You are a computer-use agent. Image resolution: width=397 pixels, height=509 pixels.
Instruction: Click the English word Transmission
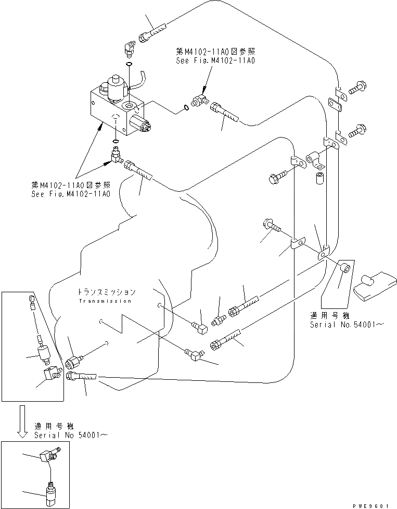point(105,301)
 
